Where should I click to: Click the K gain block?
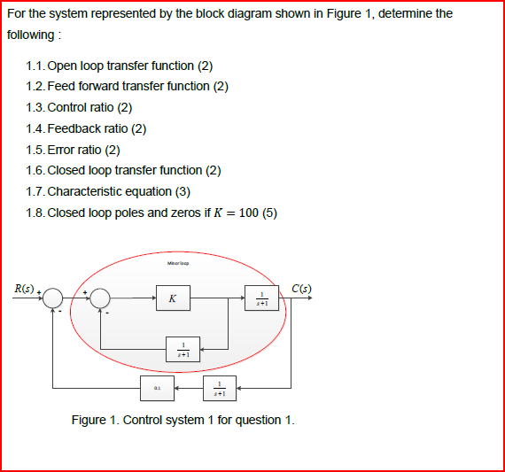point(172,299)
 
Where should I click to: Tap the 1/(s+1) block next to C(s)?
point(261,299)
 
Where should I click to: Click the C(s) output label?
point(301,287)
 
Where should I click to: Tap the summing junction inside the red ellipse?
point(101,299)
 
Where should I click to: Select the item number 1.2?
point(35,86)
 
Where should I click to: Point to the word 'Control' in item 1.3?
point(66,107)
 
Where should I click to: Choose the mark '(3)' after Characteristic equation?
point(182,190)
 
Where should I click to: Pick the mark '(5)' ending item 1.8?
point(270,212)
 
